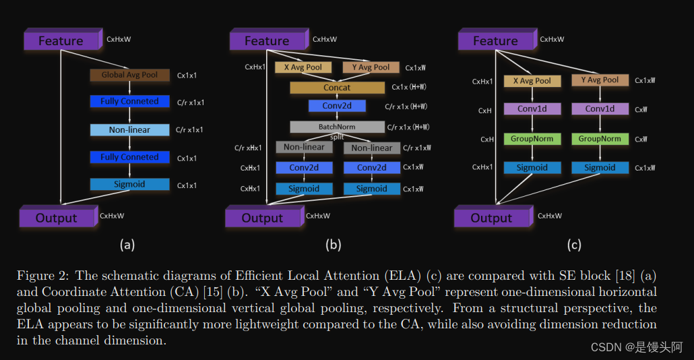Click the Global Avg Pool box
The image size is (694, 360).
[129, 75]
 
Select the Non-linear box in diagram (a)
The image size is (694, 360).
[129, 129]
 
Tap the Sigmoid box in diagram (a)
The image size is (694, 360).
[129, 184]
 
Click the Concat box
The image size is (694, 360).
[337, 88]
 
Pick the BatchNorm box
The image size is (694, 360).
[337, 127]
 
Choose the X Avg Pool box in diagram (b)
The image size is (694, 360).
[303, 67]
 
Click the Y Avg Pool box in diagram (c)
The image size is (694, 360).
[600, 80]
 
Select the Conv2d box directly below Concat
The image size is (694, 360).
[337, 106]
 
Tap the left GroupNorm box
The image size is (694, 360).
[532, 139]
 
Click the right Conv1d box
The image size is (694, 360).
[600, 109]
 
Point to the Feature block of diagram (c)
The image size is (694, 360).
[495, 40]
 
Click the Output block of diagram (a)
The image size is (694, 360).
[57, 218]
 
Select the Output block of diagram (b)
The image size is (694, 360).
[263, 218]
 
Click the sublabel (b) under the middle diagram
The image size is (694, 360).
[333, 245]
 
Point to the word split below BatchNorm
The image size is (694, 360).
[337, 137]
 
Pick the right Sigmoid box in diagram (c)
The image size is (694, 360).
[600, 167]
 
